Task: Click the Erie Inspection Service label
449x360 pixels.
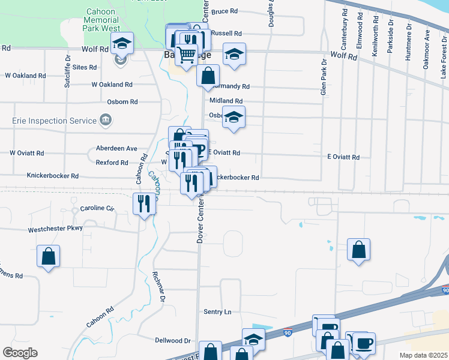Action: point(54,121)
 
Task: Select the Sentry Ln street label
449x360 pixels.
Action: point(217,312)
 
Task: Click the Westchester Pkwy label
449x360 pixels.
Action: point(55,229)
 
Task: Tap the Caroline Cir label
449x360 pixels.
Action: point(97,208)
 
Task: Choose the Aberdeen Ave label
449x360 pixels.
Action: point(116,148)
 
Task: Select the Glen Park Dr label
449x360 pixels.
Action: point(323,77)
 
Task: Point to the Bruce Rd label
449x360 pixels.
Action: point(225,11)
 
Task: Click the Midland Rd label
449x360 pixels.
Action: point(226,101)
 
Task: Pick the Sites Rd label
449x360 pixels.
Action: point(85,67)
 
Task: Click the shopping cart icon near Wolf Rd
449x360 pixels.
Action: point(187,55)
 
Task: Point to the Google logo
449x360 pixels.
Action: point(20,353)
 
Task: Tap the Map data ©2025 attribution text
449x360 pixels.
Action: point(423,355)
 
